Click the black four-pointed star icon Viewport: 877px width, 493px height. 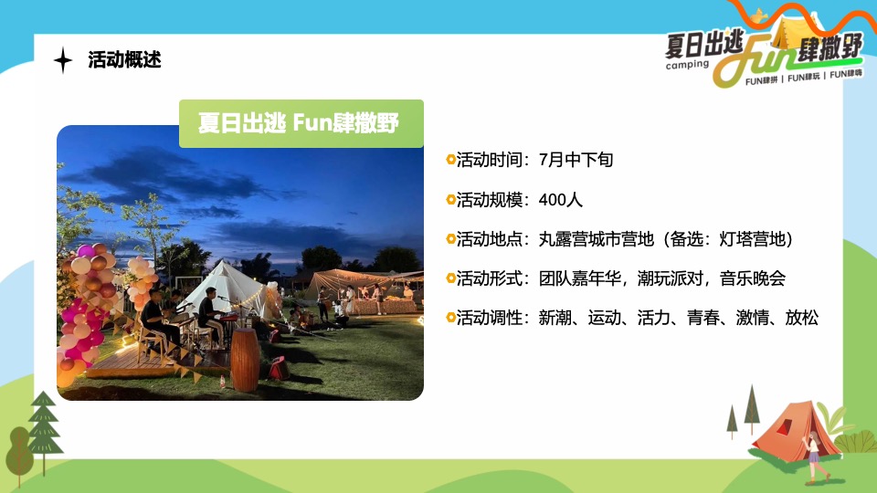click(63, 61)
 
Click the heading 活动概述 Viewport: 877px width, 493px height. click(124, 61)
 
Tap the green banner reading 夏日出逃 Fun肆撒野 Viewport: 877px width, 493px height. click(301, 123)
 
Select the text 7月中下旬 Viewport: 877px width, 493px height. click(576, 160)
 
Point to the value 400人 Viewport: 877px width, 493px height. click(561, 199)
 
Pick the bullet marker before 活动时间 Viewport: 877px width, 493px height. click(450, 160)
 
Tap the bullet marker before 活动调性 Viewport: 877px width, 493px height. click(450, 318)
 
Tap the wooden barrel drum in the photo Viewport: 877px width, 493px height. click(244, 359)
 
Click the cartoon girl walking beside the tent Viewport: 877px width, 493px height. click(812, 456)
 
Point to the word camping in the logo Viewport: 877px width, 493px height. click(687, 65)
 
